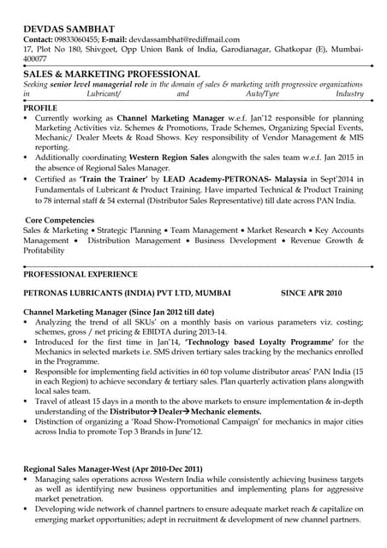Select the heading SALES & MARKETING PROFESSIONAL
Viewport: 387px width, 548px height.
pos(111,74)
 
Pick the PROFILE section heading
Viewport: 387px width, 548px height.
pos(40,110)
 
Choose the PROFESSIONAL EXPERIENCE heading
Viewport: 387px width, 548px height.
pos(80,274)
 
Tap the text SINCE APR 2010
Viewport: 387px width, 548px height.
pos(315,293)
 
